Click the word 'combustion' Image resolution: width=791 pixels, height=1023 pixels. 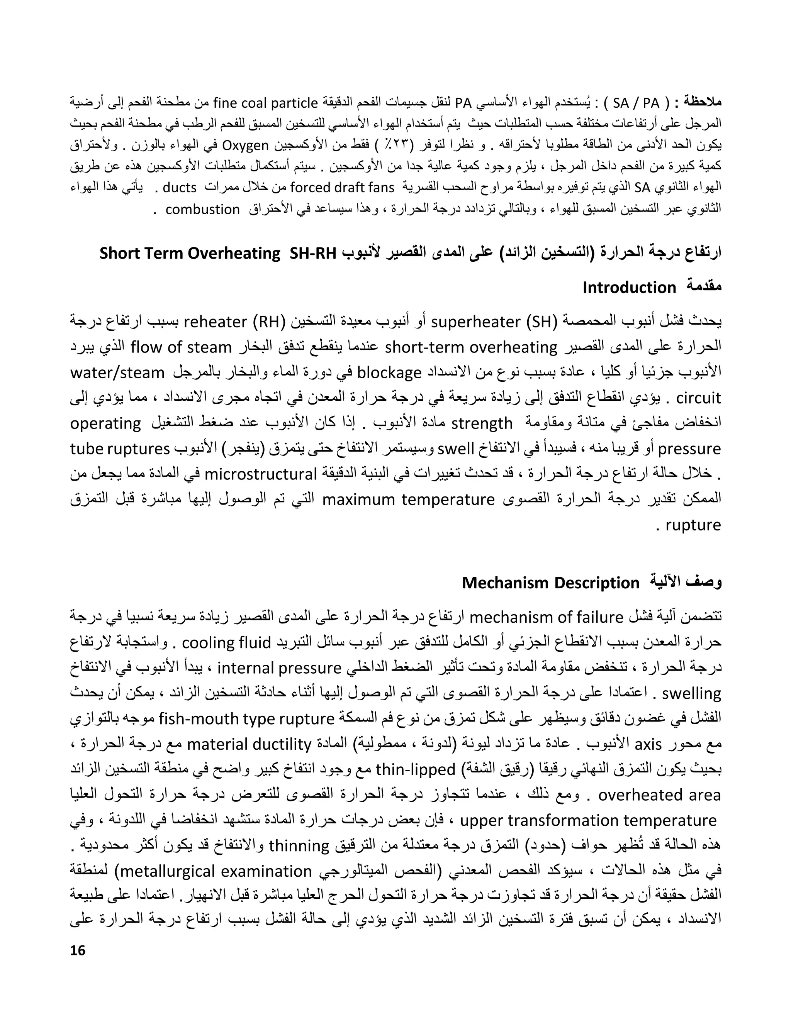coord(202,209)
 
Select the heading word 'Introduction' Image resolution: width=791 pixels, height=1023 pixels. coord(629,288)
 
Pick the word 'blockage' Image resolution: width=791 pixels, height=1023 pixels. coord(389,373)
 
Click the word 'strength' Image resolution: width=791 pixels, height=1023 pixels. coord(482,423)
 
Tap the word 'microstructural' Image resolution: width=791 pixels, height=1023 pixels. coord(261,474)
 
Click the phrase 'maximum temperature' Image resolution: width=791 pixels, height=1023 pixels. coord(409,499)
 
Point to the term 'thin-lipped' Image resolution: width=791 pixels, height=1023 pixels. coord(415,769)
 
